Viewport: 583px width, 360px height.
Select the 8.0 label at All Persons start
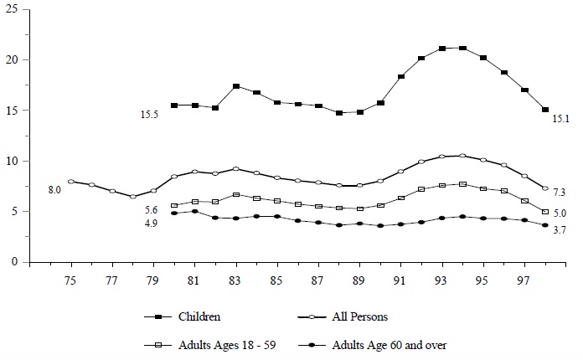pyautogui.click(x=54, y=191)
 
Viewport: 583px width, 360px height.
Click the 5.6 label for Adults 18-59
pyautogui.click(x=151, y=209)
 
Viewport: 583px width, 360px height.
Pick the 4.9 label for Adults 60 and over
pyautogui.click(x=151, y=223)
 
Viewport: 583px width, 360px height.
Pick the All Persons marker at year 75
pyautogui.click(x=70, y=181)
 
